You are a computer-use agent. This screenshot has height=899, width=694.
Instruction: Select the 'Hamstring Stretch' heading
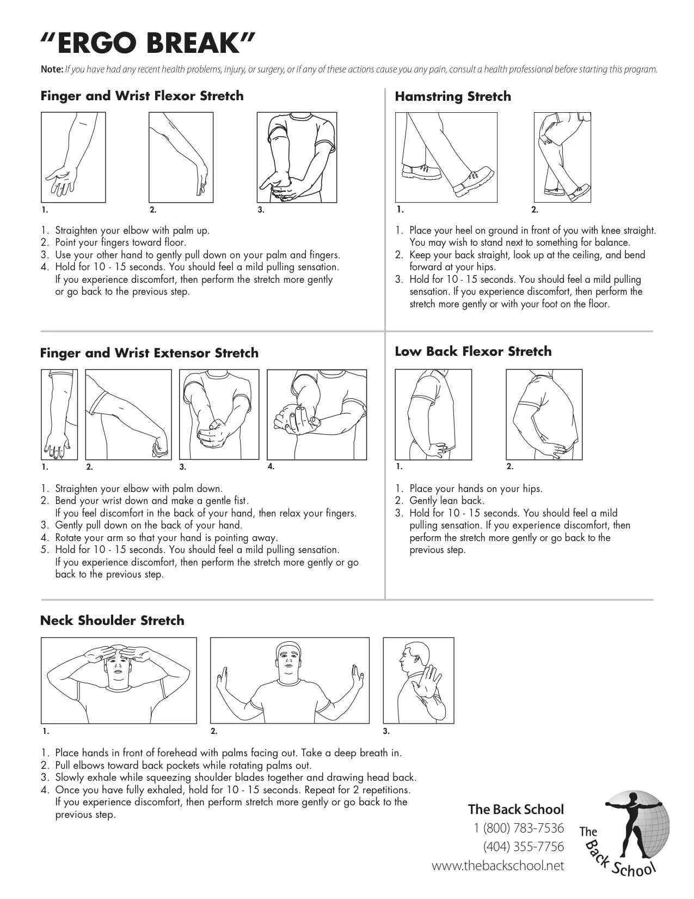[452, 97]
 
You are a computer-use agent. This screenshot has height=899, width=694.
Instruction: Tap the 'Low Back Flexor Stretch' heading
[473, 351]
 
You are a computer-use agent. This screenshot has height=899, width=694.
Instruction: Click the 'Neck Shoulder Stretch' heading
[112, 621]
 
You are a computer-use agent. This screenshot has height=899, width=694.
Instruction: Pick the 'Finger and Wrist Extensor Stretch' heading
[149, 353]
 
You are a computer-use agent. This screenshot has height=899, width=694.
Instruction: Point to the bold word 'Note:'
[52, 70]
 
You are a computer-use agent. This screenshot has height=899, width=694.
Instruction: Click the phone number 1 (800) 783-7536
[519, 828]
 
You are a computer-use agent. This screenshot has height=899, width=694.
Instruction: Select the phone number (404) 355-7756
[523, 847]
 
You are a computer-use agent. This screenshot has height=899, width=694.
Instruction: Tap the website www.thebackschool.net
[498, 866]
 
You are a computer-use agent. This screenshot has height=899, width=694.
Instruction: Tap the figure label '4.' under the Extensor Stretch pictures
[271, 466]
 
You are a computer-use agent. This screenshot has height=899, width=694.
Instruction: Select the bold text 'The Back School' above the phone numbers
[515, 809]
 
